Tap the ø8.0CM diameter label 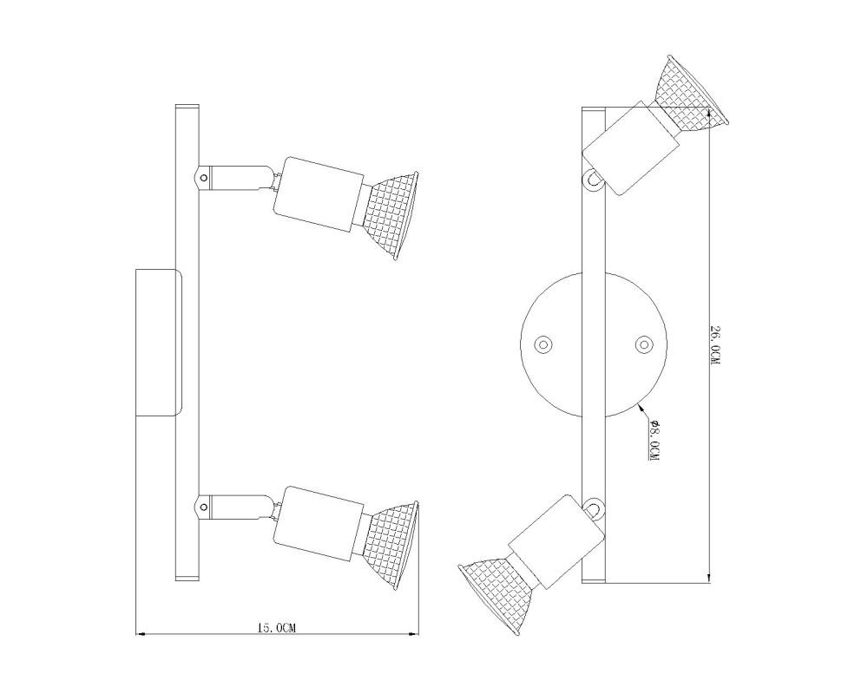coord(654,441)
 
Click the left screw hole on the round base coord(543,344)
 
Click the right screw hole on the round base coord(644,344)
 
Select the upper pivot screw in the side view coord(204,178)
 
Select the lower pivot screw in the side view coord(204,506)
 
